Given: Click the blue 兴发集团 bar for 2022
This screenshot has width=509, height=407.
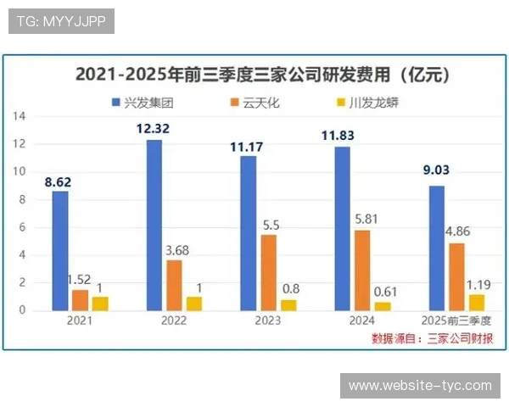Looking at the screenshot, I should (154, 225).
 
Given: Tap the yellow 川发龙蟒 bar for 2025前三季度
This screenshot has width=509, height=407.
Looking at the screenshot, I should (477, 302).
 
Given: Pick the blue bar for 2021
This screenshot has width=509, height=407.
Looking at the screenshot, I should (59, 250).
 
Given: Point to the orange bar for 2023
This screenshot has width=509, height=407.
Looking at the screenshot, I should (267, 272).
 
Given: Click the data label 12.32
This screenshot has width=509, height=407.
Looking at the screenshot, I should (154, 129).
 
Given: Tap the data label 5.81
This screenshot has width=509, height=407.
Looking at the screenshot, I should (365, 219).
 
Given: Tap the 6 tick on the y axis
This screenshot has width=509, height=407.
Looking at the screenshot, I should (23, 227).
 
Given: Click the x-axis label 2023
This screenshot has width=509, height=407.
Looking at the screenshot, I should (269, 321).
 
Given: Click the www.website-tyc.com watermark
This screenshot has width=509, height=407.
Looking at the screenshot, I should (420, 386).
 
